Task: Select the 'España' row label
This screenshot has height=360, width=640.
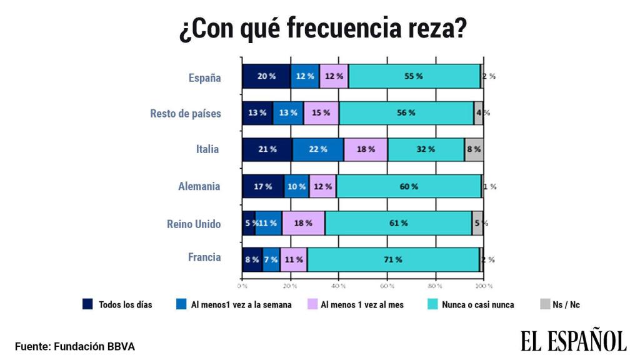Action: coord(204,77)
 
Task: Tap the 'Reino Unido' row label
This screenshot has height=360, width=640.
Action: coord(194,224)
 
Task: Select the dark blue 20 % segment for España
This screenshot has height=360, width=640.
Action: coord(266,76)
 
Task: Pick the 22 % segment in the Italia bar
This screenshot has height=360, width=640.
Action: coord(318,149)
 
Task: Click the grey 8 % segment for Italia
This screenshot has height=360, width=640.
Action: coord(474,149)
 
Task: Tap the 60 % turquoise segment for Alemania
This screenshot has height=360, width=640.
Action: coord(409,186)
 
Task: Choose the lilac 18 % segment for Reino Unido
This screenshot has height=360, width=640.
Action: coord(303,223)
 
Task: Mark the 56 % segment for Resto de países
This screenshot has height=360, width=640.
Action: coord(406,113)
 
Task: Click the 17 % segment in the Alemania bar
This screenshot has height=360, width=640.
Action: coord(263,186)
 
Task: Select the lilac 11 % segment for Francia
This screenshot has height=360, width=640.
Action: coord(293,259)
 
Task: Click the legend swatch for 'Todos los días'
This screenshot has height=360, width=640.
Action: coord(88,305)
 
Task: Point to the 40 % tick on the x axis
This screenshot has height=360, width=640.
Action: coord(339,286)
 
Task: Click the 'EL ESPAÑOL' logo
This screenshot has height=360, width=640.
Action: coord(574,341)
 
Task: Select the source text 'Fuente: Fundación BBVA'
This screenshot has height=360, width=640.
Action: coord(75,346)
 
